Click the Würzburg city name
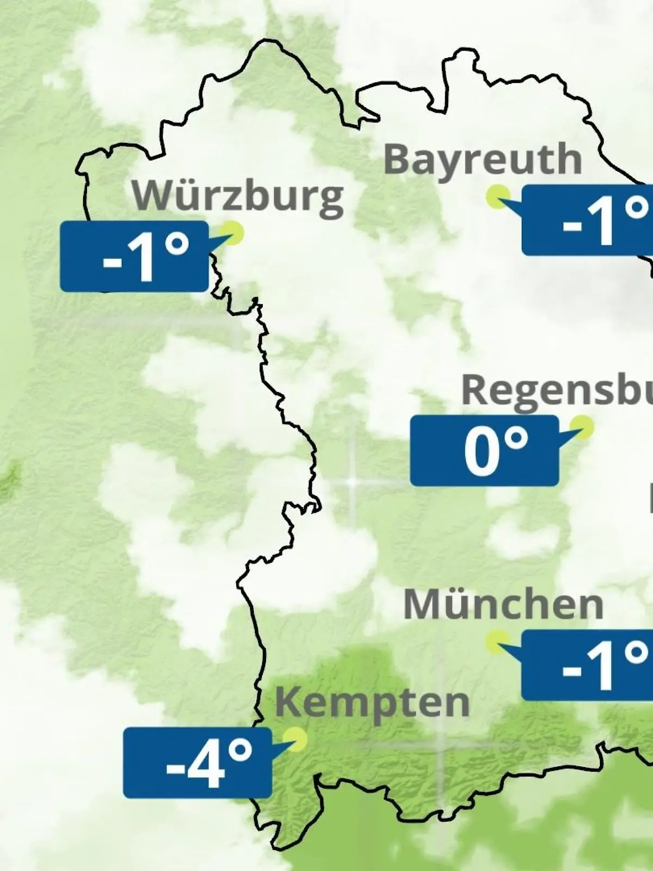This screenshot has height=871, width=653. point(238,195)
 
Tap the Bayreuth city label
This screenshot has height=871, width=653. point(483,160)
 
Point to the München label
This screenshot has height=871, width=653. point(503,604)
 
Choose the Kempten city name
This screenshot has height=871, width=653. point(372,702)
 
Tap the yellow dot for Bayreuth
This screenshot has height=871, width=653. point(498,196)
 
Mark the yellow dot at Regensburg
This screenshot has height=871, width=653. point(583,427)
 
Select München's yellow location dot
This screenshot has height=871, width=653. point(497,641)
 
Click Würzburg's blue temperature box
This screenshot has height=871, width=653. point(134,256)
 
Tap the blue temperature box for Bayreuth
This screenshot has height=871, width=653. point(587,220)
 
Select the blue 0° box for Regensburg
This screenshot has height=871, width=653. point(484,451)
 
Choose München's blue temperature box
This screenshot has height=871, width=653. point(587,665)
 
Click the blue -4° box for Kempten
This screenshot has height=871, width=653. point(197,763)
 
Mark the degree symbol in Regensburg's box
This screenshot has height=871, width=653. point(514,439)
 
